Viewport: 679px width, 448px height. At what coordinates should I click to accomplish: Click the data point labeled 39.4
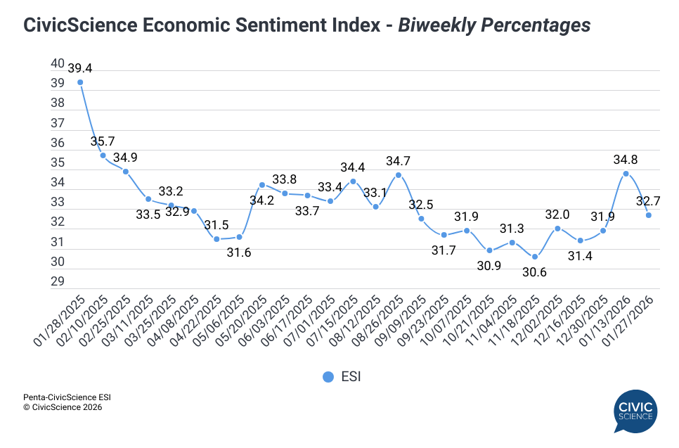pos(80,82)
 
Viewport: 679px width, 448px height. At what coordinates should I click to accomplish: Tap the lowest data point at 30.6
pos(535,257)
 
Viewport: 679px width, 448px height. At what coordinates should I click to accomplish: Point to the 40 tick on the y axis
pos(58,63)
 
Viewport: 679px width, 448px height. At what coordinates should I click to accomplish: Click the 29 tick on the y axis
pos(58,282)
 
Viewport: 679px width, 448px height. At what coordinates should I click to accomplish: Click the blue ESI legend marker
pos(328,377)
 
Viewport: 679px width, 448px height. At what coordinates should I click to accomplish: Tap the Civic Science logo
pos(635,411)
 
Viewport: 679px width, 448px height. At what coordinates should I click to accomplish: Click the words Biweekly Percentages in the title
pos(494,25)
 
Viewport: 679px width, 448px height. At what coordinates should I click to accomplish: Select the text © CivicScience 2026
pos(63,407)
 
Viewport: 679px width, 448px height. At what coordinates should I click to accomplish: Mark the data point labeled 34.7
pos(399,175)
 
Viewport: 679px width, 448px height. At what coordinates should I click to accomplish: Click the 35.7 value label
pos(103,141)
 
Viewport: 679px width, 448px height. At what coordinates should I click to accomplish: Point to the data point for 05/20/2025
pos(261,185)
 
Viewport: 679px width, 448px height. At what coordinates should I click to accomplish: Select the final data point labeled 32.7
pos(649,215)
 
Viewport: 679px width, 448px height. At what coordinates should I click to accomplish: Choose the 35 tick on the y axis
pos(58,162)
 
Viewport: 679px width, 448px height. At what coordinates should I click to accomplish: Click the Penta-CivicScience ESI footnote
pos(67,397)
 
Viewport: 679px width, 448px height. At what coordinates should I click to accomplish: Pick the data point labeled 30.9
pos(489,250)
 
